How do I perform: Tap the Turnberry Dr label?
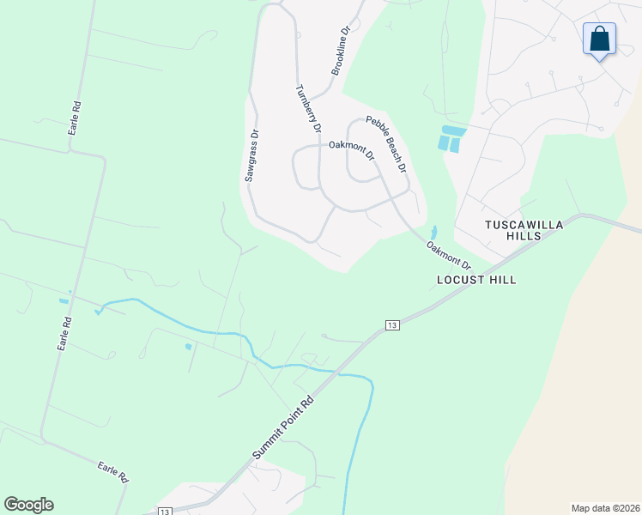[307, 109]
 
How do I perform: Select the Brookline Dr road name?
[340, 51]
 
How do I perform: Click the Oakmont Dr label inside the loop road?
[352, 150]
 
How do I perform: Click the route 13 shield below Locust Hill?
[392, 324]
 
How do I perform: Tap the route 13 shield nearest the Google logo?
[164, 511]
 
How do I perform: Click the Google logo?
[28, 505]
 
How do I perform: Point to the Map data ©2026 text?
[605, 507]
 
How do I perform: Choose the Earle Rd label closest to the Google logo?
[113, 471]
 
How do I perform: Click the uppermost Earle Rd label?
[76, 119]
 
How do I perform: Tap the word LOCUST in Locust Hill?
[461, 280]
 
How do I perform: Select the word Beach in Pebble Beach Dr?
[389, 143]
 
